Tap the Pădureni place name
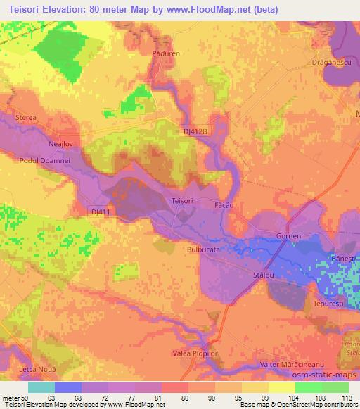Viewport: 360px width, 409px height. [157, 52]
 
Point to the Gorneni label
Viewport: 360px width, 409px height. [289, 236]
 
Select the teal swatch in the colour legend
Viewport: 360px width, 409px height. [41, 387]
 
